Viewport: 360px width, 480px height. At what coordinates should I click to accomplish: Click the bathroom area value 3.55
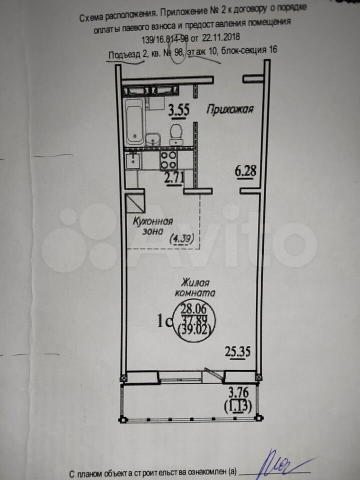pyautogui.click(x=179, y=110)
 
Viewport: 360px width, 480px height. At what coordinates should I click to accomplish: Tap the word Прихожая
pyautogui.click(x=230, y=109)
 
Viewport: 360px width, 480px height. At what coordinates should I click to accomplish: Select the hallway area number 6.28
pyautogui.click(x=245, y=171)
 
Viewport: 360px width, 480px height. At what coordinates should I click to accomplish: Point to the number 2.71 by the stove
pyautogui.click(x=174, y=178)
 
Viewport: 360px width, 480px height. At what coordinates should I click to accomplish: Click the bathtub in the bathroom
pyautogui.click(x=134, y=122)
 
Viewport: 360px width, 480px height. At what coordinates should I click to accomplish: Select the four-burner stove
pyautogui.click(x=168, y=160)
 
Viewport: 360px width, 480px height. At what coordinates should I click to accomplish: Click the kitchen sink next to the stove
pyautogui.click(x=133, y=160)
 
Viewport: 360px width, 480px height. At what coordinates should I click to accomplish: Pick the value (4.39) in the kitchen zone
pyautogui.click(x=182, y=238)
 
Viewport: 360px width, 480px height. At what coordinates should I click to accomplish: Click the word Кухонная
pyautogui.click(x=153, y=221)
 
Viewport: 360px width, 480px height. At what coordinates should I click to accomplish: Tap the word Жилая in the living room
pyautogui.click(x=195, y=282)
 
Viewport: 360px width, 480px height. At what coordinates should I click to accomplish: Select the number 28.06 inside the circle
pyautogui.click(x=194, y=308)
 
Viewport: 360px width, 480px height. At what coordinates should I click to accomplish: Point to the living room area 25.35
pyautogui.click(x=237, y=351)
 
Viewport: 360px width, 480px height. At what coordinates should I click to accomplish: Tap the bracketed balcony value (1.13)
pyautogui.click(x=238, y=406)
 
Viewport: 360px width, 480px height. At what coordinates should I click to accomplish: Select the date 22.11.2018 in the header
pyautogui.click(x=220, y=38)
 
